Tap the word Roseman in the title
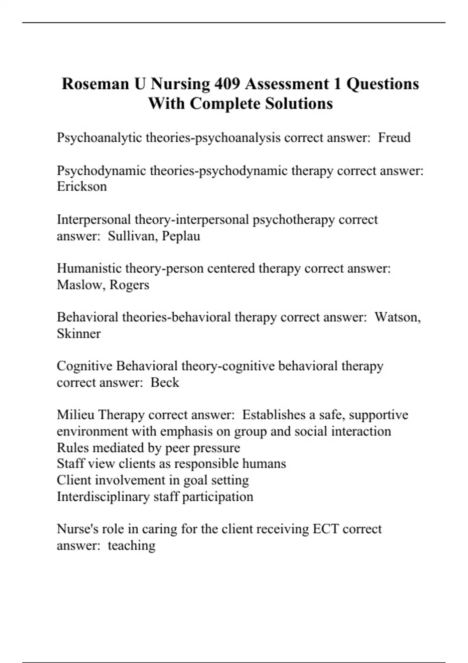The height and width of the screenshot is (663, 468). point(96,84)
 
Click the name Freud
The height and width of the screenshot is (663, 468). point(394,138)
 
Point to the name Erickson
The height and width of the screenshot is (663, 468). point(82,186)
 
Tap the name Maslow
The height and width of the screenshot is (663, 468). point(81,285)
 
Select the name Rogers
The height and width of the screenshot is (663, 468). point(129,285)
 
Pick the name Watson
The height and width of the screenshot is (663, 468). point(397,317)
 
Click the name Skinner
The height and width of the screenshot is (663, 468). point(79,334)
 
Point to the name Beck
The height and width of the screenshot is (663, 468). point(165,383)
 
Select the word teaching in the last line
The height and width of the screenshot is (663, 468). point(131,546)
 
